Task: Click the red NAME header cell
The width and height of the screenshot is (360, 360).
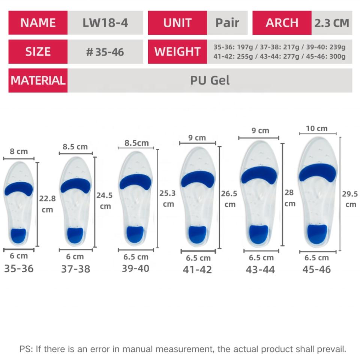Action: point(37,22)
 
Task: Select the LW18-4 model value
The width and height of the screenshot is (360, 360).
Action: point(105,22)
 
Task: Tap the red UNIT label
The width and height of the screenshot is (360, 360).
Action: point(177,22)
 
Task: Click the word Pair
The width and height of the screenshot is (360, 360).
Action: point(227,22)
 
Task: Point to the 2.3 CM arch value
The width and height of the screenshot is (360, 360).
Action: point(331,23)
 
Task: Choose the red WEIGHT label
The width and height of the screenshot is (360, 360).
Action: point(177,51)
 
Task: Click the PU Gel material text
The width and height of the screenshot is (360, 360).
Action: point(210,80)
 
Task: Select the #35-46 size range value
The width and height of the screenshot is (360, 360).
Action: point(105,52)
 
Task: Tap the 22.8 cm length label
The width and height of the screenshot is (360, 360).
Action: point(47,204)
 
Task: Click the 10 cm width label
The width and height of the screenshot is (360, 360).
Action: point(316,129)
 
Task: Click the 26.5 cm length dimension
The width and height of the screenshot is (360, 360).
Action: point(229,199)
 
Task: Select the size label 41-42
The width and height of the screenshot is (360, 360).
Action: point(197,270)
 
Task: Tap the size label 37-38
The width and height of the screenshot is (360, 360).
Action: point(75,269)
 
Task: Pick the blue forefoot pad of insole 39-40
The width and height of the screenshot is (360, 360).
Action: point(135,182)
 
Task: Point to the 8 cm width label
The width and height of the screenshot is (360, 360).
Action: point(19,151)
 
